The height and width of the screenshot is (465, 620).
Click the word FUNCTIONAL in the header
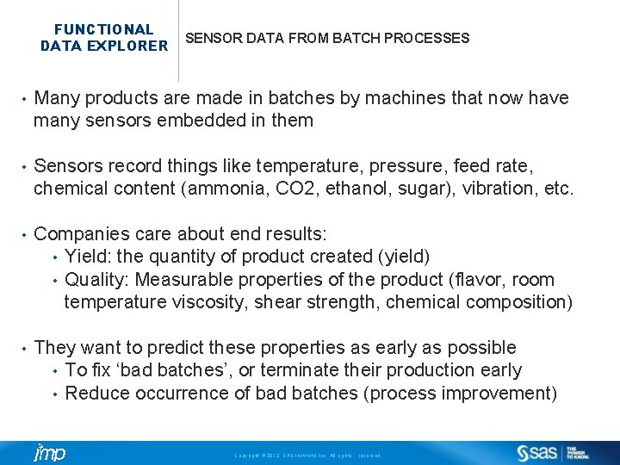pos(103,29)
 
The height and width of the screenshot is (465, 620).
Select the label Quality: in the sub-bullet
pos(97,280)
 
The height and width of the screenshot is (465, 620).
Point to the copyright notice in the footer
pos(307,455)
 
